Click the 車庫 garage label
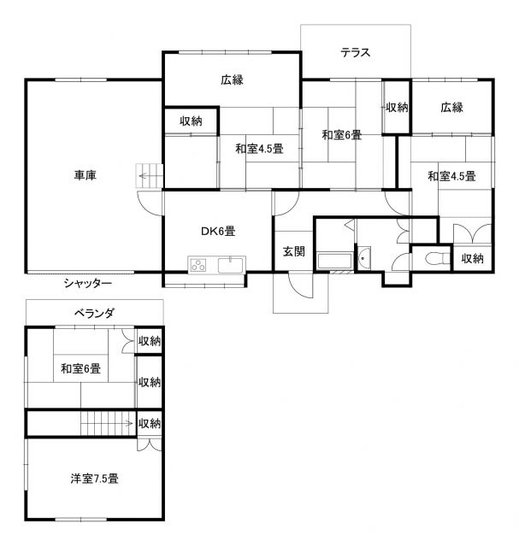85,174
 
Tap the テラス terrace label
356,53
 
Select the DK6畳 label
218,231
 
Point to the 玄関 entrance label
293,251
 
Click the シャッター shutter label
87,283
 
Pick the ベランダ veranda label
94,313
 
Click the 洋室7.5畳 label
94,479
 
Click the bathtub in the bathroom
334,262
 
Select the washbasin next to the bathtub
364,258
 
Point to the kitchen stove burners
198,266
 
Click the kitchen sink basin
231,265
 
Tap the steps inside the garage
150,176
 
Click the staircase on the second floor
109,424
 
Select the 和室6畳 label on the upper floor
80,368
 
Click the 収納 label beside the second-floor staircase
150,424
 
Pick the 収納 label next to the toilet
472,258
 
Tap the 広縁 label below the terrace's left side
232,79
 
